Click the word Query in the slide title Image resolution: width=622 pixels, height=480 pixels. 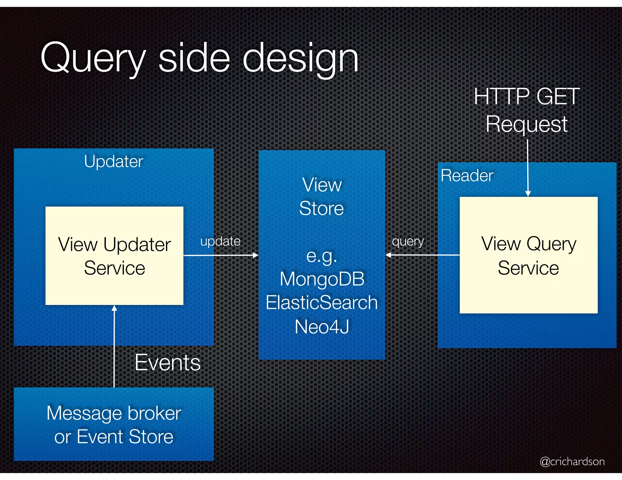pos(93,58)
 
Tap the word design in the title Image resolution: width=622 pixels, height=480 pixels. pos(301,58)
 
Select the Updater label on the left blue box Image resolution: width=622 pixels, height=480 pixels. pos(114,161)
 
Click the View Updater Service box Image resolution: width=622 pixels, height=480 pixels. pos(114,256)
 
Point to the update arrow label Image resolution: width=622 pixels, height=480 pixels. pos(220,242)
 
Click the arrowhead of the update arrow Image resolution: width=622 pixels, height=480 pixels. pos(256,255)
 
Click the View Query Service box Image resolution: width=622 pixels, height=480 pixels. pos(528,255)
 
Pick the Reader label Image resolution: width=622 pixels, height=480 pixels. pos(467,175)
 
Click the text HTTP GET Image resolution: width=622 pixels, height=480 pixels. pos(527,96)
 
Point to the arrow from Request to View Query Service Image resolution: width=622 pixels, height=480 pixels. pos(528,167)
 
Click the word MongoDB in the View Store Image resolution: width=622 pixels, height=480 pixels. pos(322,279)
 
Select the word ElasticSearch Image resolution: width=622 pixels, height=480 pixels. pos(322,303)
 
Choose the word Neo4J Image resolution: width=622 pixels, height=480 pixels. pos(322,327)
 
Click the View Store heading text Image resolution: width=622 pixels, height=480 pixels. pos(322,197)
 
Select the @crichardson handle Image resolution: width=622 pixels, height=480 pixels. pos(572,461)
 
